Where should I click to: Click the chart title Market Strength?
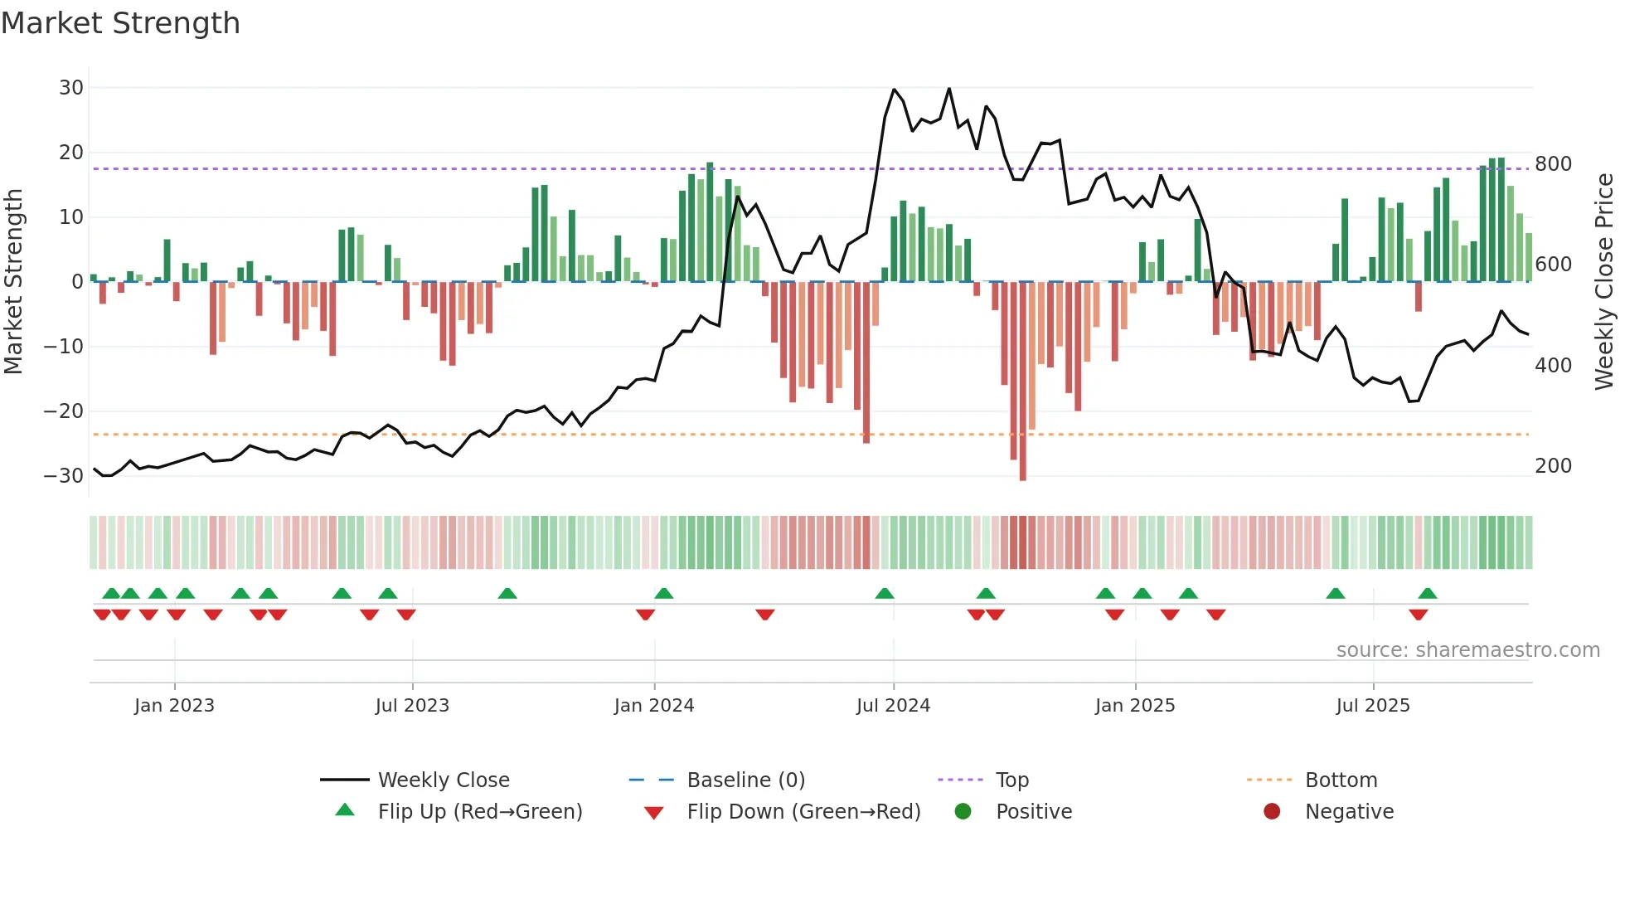coord(120,23)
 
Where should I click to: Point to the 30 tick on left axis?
coord(71,88)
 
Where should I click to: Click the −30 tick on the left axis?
coord(64,476)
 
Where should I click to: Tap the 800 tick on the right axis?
coord(1553,164)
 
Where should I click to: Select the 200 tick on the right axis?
coord(1553,466)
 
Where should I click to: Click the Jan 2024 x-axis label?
coord(654,706)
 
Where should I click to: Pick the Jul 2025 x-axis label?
coord(1373,706)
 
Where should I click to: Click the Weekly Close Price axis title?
coord(1605,282)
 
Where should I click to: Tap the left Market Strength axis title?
coord(13,282)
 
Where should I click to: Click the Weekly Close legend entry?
coord(444,780)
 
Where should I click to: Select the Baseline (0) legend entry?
coord(745,780)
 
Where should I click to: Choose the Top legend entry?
coord(1011,780)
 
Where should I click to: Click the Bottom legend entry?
coord(1341,780)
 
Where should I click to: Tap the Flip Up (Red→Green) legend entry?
coord(479,812)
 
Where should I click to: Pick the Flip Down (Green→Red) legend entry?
coord(803,812)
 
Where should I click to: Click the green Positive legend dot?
coord(963,812)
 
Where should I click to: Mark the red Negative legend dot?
coord(1272,812)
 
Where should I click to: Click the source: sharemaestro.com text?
coord(1467,650)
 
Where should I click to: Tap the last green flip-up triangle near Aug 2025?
coord(1428,594)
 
